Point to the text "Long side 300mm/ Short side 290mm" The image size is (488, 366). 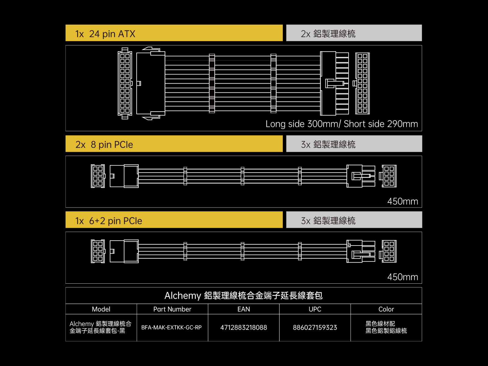point(342,124)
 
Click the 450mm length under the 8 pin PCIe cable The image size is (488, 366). point(403,201)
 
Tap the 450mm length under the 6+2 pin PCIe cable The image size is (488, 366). point(403,277)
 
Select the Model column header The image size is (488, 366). point(101,309)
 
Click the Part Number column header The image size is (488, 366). point(172,309)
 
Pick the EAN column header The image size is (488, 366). point(244,309)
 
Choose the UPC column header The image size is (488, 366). point(315,309)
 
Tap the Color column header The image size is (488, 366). point(386,309)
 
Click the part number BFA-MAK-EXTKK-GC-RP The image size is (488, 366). point(171,328)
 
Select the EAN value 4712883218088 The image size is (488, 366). point(244,328)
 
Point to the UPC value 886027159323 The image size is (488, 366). point(315,328)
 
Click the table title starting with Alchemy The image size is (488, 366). point(243,296)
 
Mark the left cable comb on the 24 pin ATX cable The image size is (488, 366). point(212,83)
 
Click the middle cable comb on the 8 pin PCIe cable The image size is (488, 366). point(242,176)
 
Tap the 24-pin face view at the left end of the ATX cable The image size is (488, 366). point(125,83)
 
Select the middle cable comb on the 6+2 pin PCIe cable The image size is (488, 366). point(242,251)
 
